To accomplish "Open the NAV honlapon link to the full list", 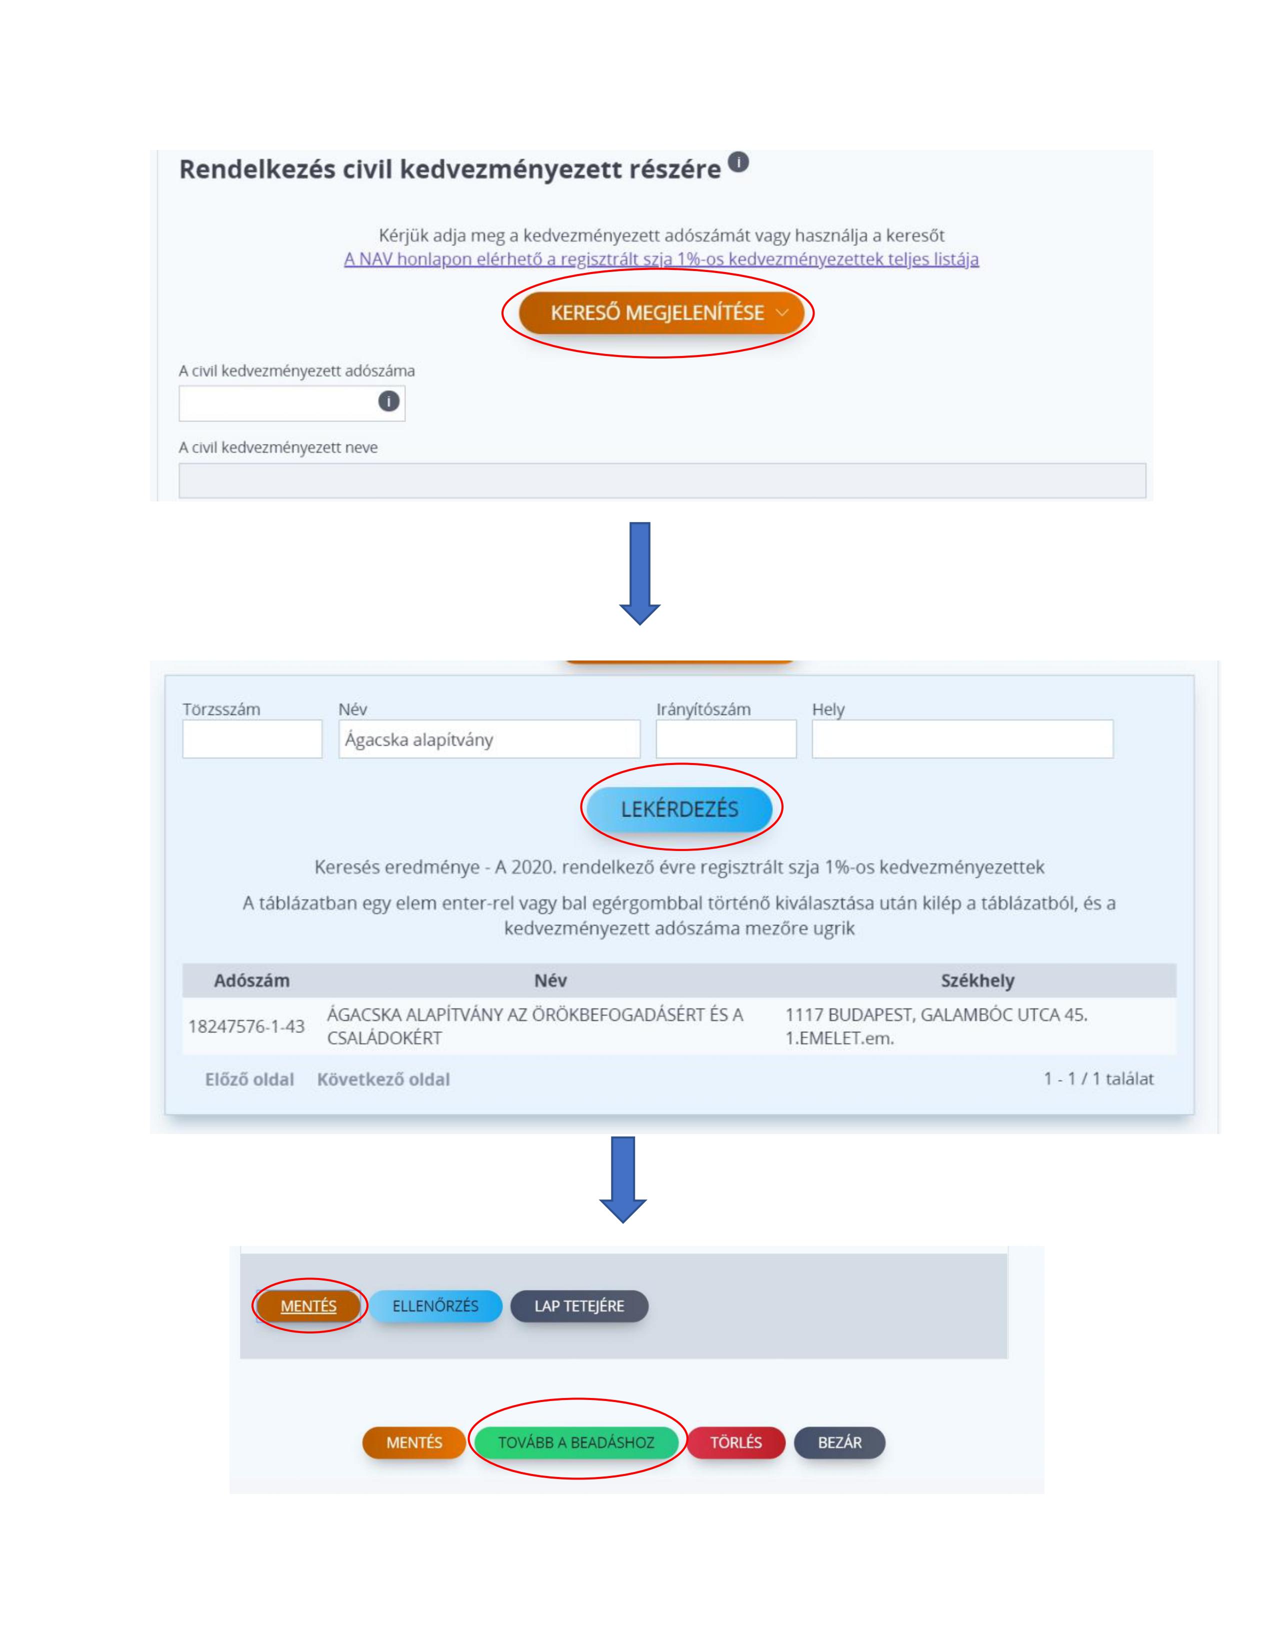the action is pos(661,259).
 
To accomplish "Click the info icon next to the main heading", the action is pos(738,161).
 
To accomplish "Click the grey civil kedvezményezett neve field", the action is pos(661,480).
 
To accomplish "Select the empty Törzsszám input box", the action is pos(252,739).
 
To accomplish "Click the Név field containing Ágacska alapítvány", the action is pos(489,739).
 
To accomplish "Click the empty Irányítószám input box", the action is pos(726,739).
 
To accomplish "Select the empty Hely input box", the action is pos(962,739).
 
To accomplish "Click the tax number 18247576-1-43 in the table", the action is pos(246,1026).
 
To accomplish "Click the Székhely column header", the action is pos(977,980).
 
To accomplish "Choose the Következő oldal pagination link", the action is pos(383,1079).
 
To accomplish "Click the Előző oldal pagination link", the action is pos(249,1079).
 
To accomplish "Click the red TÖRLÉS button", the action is pos(735,1442).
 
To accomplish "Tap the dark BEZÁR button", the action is pos(839,1442).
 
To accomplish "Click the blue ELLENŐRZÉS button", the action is pos(435,1306).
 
